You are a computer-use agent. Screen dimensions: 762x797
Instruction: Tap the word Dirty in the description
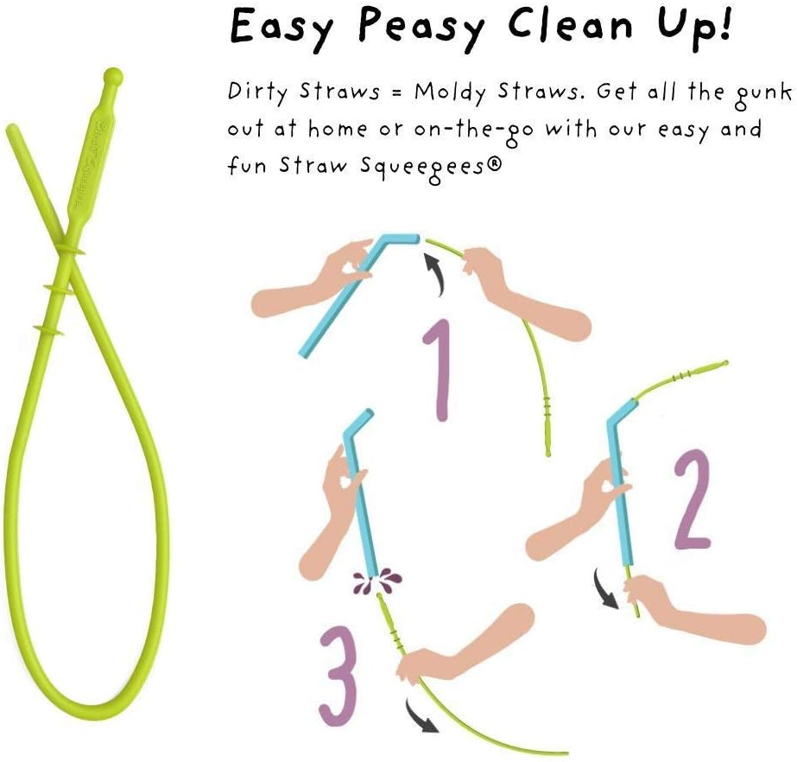click(x=256, y=92)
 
